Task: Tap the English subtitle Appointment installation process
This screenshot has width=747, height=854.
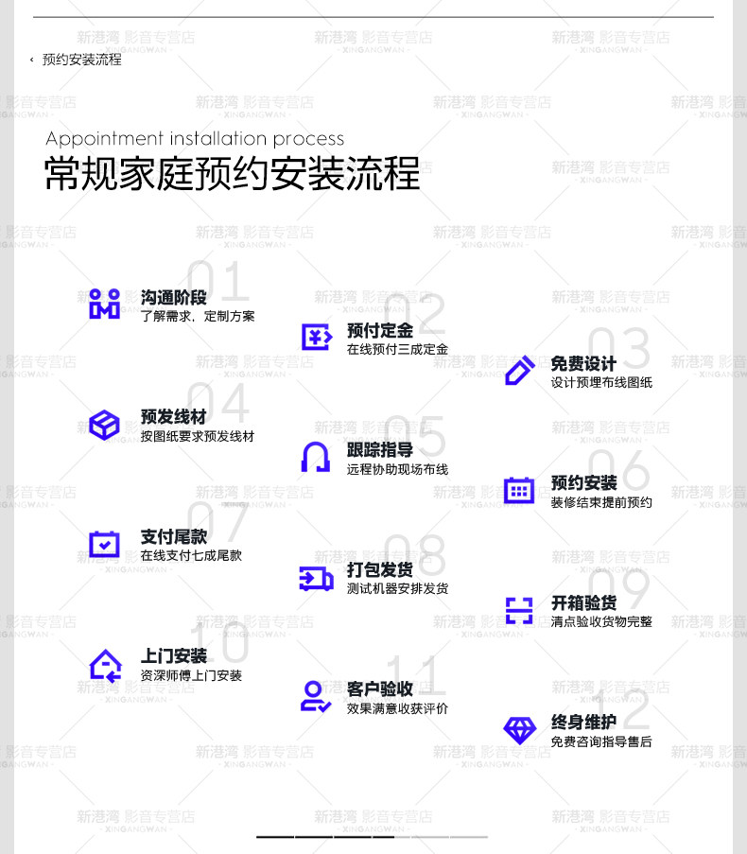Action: pos(195,138)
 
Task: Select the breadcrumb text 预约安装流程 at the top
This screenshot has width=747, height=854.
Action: pos(82,60)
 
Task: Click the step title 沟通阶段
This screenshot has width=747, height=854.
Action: pos(173,298)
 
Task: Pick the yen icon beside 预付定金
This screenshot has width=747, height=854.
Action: pos(316,337)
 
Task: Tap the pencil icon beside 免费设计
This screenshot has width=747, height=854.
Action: pos(519,370)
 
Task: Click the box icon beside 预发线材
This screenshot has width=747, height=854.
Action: pos(104,424)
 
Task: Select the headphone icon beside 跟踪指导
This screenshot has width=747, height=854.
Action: pos(316,457)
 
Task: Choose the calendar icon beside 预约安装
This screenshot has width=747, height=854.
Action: pos(519,490)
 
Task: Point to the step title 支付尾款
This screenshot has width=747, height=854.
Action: pos(173,537)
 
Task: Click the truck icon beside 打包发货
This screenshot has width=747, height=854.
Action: pos(316,577)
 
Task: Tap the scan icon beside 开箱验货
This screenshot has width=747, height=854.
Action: pos(519,610)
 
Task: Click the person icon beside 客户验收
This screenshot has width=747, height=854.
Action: pos(316,696)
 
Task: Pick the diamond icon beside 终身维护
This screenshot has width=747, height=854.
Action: pos(519,729)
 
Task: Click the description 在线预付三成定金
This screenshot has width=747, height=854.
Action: pos(397,350)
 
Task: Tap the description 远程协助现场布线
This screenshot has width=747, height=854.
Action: pos(397,469)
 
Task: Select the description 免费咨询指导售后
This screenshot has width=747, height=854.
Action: pos(601,742)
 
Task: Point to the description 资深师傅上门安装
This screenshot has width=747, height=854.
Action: pos(191,676)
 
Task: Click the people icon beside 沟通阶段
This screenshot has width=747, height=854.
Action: pos(104,304)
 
